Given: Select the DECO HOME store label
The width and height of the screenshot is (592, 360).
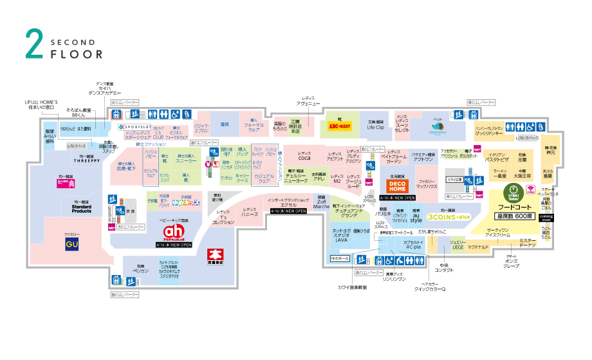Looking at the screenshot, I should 396,187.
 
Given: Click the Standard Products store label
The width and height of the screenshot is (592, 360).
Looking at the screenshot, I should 81,208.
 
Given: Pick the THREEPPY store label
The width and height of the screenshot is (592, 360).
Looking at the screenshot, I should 86,163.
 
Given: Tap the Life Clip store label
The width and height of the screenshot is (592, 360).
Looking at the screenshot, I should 376,128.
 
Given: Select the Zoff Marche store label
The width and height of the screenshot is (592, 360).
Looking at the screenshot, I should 321,204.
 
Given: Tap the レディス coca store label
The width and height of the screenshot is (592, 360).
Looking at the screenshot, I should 304,156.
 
